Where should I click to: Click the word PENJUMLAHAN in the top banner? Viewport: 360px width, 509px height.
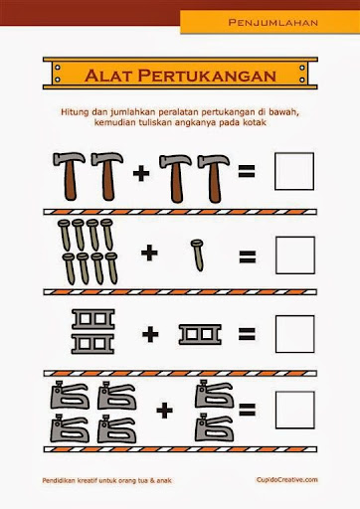click(x=273, y=23)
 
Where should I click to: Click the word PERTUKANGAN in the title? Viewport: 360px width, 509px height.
click(x=207, y=76)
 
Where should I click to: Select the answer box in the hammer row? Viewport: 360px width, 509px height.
click(x=294, y=171)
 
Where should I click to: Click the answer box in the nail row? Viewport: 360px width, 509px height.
click(x=295, y=255)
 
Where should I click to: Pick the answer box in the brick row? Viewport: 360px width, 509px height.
click(x=295, y=334)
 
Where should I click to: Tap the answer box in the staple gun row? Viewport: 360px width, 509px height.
click(x=295, y=410)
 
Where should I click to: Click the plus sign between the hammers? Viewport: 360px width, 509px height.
click(x=141, y=173)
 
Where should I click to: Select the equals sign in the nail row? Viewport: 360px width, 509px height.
click(x=248, y=256)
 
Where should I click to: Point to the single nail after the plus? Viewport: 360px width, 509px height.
click(x=198, y=255)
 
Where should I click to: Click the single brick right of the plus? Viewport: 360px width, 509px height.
click(x=200, y=335)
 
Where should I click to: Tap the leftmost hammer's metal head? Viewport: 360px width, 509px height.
click(x=69, y=158)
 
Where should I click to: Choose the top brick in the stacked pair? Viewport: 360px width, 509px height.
click(x=93, y=319)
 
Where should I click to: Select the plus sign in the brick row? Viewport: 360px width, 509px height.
click(x=150, y=334)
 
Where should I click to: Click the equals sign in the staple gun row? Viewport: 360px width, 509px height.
click(x=248, y=410)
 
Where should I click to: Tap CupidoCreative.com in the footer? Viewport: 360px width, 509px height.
click(x=286, y=480)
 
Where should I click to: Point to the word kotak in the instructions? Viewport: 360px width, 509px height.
click(x=256, y=122)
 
